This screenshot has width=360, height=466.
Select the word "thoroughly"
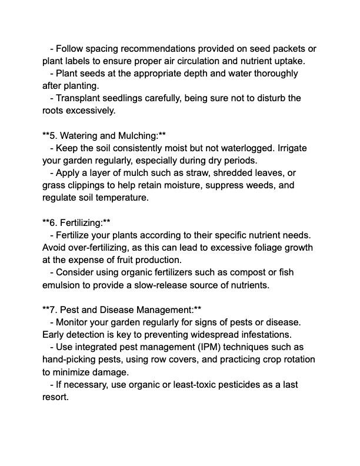pyautogui.click(x=274, y=74)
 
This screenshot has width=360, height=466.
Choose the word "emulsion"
pyautogui.click(x=63, y=285)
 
